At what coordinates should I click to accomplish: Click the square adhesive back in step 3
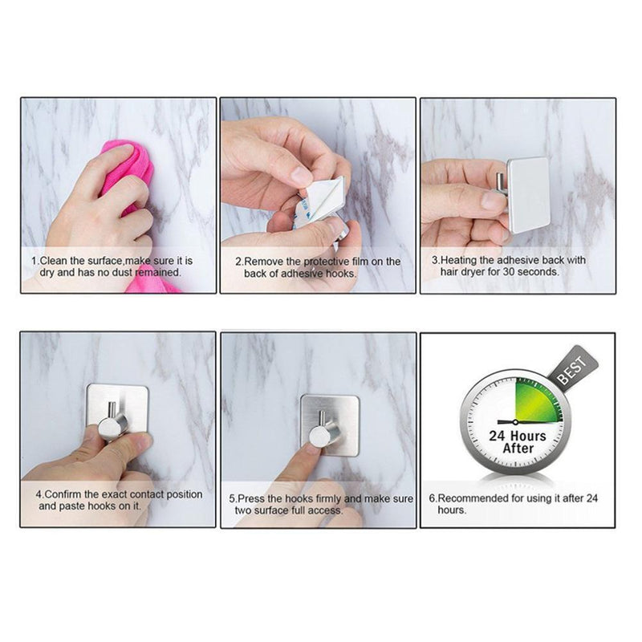click(x=529, y=193)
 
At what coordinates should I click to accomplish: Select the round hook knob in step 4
click(x=113, y=427)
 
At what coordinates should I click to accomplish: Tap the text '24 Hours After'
click(x=518, y=442)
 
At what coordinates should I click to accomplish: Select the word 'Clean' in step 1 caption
click(x=55, y=261)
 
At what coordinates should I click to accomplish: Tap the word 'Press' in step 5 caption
click(x=255, y=498)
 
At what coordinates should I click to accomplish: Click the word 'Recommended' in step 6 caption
click(x=481, y=498)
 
